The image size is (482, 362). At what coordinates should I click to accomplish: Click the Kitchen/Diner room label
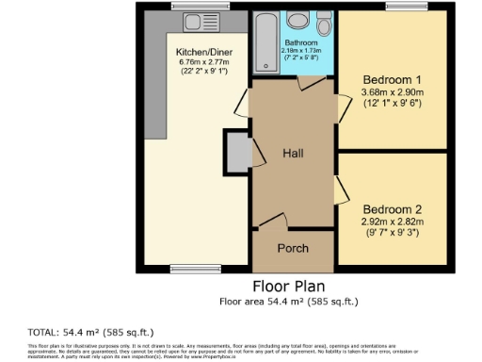(199, 53)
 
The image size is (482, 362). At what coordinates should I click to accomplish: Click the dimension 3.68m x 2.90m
(394, 92)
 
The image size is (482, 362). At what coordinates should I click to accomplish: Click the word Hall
(292, 154)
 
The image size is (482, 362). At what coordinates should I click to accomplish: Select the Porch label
(292, 248)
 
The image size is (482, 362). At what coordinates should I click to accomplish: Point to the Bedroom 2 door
(341, 193)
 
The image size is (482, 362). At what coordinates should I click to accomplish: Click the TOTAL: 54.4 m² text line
(91, 332)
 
